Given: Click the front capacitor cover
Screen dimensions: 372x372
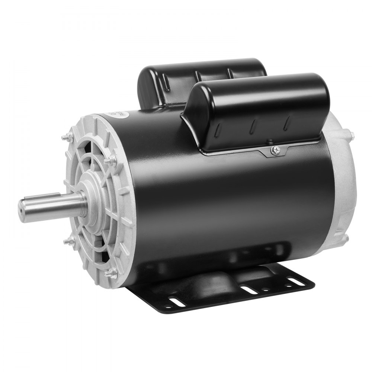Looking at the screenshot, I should click(x=257, y=112).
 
